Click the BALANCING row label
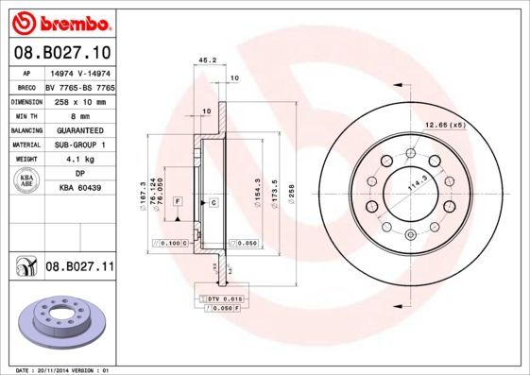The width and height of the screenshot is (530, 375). [x=26, y=129]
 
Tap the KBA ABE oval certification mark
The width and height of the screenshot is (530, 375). [x=27, y=181]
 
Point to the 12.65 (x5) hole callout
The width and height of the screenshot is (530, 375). [x=445, y=126]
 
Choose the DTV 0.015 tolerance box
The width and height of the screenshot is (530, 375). [x=219, y=298]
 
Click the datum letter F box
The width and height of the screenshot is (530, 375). [x=177, y=202]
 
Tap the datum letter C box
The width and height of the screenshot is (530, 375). [x=214, y=202]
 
